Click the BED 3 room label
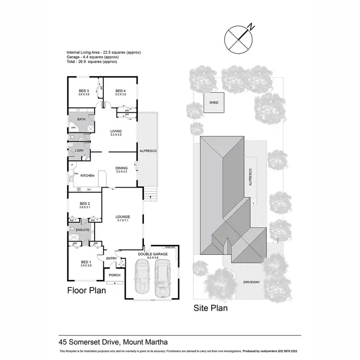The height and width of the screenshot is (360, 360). tap(84, 91)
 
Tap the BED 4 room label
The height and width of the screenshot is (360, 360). tap(120, 91)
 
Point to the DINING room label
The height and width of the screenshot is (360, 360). tap(121, 168)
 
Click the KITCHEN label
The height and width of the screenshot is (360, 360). tap(87, 176)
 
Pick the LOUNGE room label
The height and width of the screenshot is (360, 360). tap(123, 216)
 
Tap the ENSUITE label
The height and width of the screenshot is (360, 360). tap(83, 230)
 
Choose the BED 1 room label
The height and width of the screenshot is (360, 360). tap(86, 262)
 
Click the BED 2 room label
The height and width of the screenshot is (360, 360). tap(84, 204)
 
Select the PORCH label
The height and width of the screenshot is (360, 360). tap(115, 275)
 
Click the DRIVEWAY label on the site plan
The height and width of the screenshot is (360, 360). tap(252, 282)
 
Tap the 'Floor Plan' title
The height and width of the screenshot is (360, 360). tap(86, 290)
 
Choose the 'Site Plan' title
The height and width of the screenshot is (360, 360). tap(210, 308)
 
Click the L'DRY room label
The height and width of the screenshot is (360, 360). tap(80, 151)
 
